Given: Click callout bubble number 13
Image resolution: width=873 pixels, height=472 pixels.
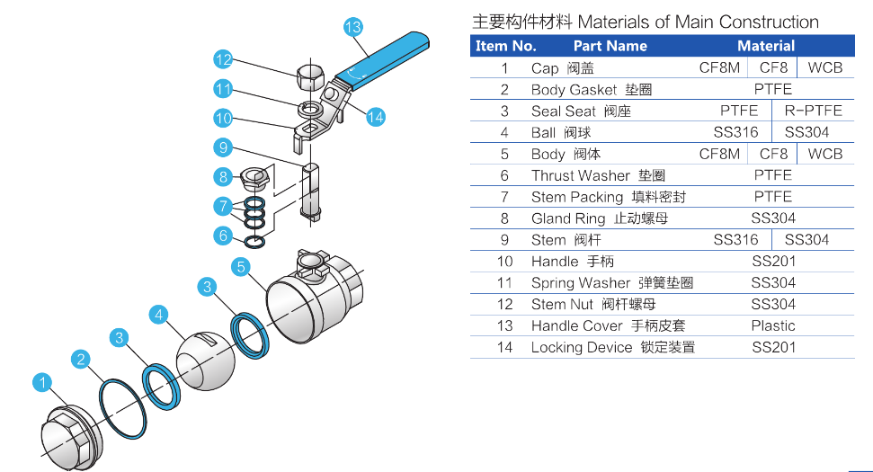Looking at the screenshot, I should click(353, 27).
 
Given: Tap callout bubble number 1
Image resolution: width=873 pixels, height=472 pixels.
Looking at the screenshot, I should click(42, 384).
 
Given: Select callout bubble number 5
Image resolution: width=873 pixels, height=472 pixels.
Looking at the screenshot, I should click(240, 266).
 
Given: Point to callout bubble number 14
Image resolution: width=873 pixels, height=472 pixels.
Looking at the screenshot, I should click(376, 116).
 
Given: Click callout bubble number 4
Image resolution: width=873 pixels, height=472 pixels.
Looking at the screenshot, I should click(159, 314).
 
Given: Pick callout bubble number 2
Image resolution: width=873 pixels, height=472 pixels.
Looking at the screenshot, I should click(81, 361).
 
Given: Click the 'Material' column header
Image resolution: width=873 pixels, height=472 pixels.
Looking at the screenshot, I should click(766, 46).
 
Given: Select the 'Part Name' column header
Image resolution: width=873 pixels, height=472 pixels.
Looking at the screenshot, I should click(610, 46).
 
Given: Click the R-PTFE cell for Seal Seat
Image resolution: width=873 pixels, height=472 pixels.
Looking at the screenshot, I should click(813, 111).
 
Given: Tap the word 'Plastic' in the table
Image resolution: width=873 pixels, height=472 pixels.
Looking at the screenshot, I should click(773, 325).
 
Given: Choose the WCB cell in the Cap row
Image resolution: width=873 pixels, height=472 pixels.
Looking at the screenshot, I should click(824, 67).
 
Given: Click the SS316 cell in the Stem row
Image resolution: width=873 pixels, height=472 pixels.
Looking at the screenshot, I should click(735, 240).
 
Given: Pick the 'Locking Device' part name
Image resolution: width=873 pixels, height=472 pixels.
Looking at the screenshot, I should click(582, 347).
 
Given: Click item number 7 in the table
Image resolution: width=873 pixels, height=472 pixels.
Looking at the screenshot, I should click(505, 197).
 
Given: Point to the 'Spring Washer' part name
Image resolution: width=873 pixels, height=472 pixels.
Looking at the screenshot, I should click(581, 283).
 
